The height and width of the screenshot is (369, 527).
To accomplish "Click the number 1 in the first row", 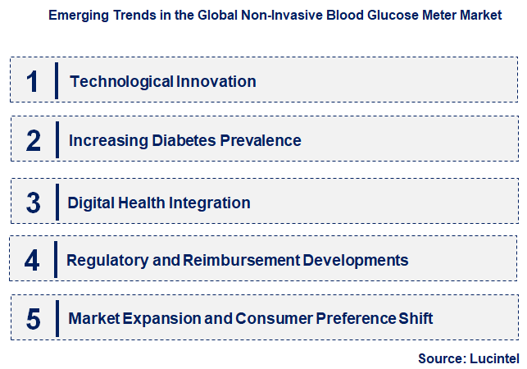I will (33, 81).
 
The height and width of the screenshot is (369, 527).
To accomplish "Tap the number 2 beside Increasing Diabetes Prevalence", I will (33, 141).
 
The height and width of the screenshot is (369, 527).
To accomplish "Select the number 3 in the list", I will (33, 203).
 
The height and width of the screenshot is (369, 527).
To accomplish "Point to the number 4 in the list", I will (32, 261).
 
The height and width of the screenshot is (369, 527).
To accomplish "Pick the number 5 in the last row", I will (33, 319).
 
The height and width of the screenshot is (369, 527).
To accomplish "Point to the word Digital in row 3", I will (92, 202).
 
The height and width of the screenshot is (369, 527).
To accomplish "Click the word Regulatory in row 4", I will (103, 261).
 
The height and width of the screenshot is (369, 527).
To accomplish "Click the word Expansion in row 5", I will (156, 318).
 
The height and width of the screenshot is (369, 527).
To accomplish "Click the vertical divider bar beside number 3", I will (57, 202).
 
